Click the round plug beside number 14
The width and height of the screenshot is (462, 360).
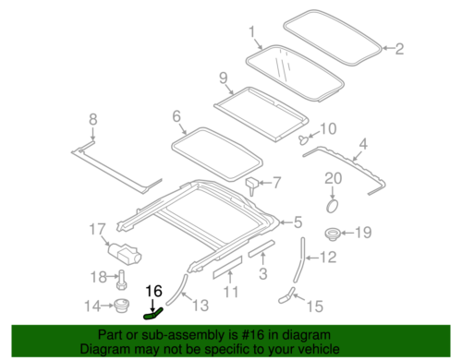coord(118,305)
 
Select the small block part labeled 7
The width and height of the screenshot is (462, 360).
coord(251,183)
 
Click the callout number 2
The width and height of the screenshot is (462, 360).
coord(400,50)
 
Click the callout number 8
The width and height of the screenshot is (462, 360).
coord(91,119)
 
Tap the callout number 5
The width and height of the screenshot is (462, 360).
coord(297,221)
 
